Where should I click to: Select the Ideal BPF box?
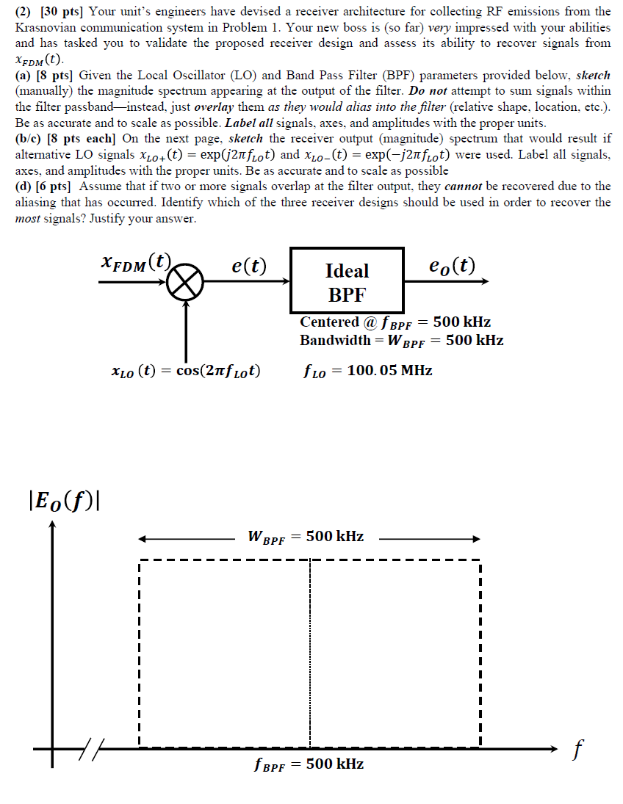[347, 282]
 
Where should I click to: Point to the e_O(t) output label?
[451, 265]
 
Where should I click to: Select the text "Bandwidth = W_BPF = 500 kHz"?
[401, 340]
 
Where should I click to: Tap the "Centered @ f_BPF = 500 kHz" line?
[395, 322]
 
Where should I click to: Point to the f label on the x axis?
[579, 750]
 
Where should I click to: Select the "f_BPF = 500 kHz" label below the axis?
[309, 764]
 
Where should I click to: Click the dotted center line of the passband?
[310, 653]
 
